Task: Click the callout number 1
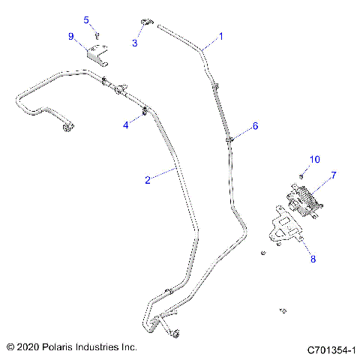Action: pos(221,35)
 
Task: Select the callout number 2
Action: pos(148,179)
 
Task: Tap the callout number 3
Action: pos(135,43)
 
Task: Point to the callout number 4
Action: pos(126,125)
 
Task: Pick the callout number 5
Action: pos(86,19)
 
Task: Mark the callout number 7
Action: pos(334,175)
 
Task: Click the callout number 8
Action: pos(313,259)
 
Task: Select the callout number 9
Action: pos(71,36)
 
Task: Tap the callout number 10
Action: pos(315,159)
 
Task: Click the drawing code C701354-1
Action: pos(331,349)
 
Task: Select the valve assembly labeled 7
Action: pos(304,201)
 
